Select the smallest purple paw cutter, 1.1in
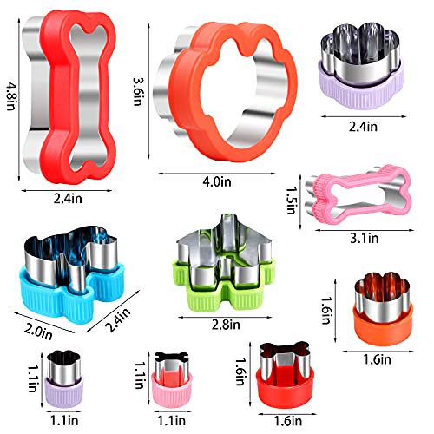point(66,382)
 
